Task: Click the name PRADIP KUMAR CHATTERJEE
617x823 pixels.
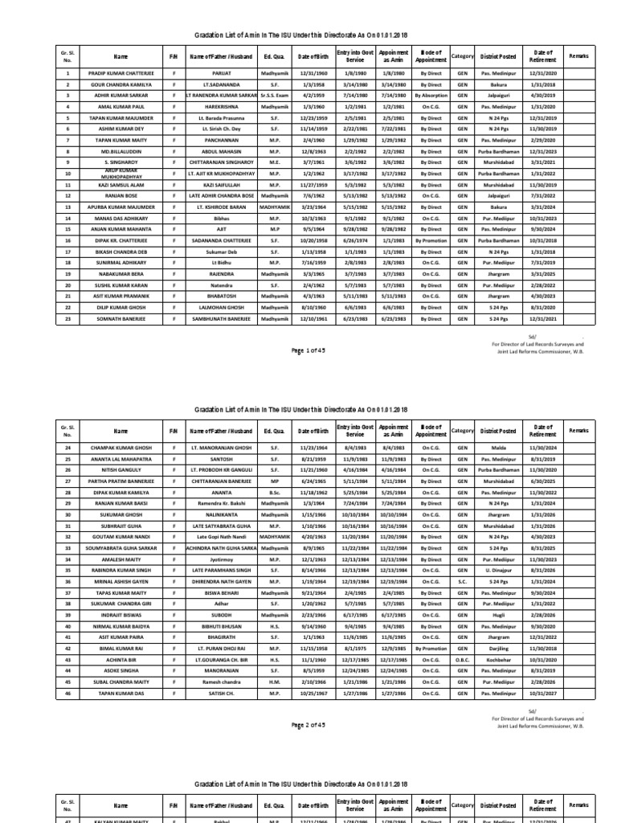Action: pyautogui.click(x=121, y=72)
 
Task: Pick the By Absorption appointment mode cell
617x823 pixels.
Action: pyautogui.click(x=431, y=95)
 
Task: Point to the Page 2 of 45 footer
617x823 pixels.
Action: pyautogui.click(x=308, y=726)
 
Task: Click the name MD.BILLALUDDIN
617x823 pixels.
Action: pyautogui.click(x=121, y=151)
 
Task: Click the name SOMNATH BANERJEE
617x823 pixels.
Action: pyautogui.click(x=121, y=319)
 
